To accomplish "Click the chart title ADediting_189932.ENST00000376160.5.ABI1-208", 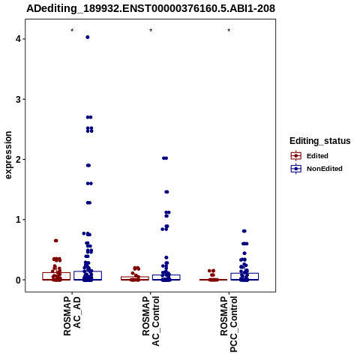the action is click(151, 9).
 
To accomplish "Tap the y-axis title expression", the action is click(8, 155).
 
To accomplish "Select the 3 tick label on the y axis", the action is click(18, 99).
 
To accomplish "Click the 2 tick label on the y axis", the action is click(18, 159).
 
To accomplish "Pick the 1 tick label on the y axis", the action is click(18, 220).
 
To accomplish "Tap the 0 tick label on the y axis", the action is click(18, 280).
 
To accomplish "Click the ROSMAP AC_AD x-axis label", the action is click(72, 316).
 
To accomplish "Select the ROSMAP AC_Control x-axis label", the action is click(151, 321).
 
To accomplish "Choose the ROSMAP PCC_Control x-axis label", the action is click(229, 324).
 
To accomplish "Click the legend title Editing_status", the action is click(319, 141).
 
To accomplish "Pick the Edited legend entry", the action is click(310, 156).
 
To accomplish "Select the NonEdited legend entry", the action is click(316, 169).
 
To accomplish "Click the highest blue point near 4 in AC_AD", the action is click(88, 37).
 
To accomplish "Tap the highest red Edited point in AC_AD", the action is click(56, 241).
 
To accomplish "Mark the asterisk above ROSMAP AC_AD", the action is click(72, 31).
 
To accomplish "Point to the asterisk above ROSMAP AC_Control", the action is click(151, 31).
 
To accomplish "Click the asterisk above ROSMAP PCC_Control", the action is click(229, 31).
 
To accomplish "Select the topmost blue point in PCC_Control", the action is click(244, 231).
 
